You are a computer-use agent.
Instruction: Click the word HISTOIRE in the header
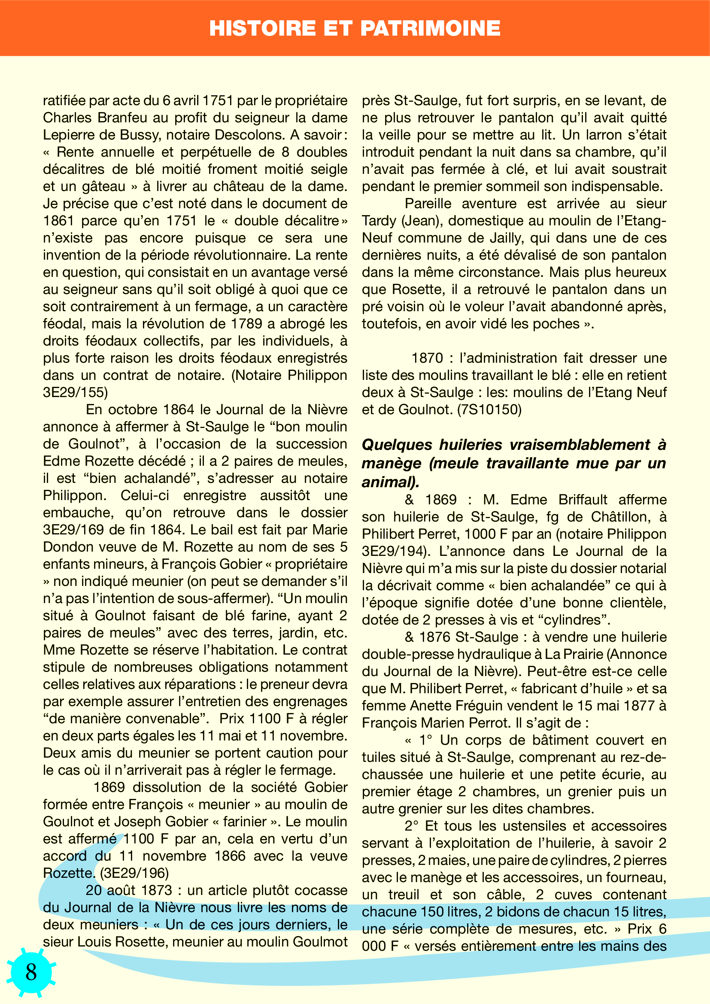point(262,28)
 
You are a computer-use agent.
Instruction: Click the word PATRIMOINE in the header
point(430,28)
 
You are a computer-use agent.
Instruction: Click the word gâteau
point(103,186)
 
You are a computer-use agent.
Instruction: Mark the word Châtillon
point(621,517)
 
